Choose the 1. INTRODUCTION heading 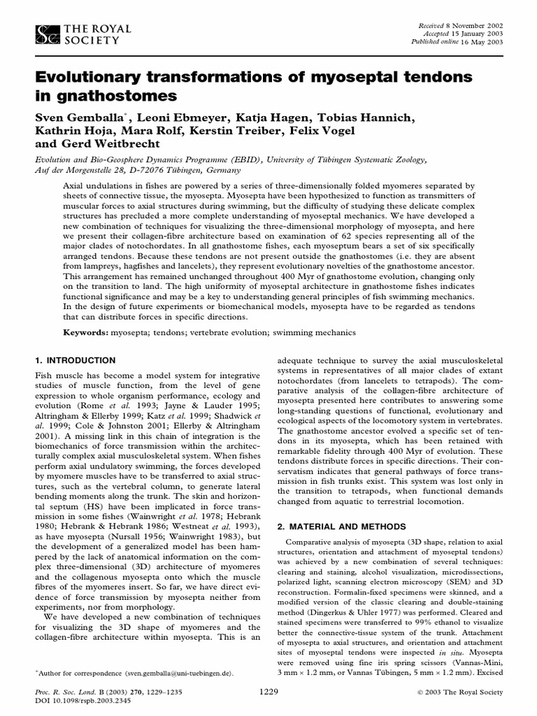point(76,361)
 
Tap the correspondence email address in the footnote point(175,673)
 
